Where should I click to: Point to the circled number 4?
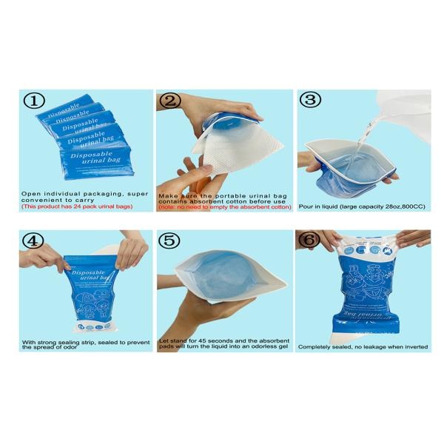pyautogui.click(x=34, y=242)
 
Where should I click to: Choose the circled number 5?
pyautogui.click(x=171, y=242)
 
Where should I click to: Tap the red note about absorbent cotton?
pyautogui.click(x=223, y=206)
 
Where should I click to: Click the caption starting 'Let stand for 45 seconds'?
pyautogui.click(x=223, y=343)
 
